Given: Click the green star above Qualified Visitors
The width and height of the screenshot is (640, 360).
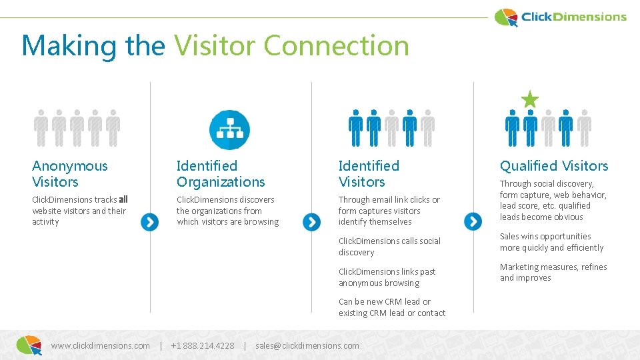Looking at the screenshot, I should click(530, 99).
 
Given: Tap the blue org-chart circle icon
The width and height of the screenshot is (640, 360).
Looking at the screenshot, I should click(229, 129).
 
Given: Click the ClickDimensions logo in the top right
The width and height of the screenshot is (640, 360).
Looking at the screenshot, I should click(561, 17).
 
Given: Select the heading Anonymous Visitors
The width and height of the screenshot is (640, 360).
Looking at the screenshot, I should click(69, 173).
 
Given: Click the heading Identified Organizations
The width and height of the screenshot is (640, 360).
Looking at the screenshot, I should click(221, 173).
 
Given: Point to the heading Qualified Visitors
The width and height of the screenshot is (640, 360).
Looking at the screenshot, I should click(554, 166).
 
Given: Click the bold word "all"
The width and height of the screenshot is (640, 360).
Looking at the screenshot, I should click(123, 199).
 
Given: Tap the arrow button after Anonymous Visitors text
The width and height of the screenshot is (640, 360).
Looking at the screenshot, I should click(150, 222).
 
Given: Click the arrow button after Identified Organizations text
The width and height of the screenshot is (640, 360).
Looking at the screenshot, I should click(311, 222).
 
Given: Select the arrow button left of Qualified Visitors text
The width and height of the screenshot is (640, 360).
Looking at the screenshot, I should click(473, 221).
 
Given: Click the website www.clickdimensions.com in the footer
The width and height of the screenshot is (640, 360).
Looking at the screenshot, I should click(100, 345).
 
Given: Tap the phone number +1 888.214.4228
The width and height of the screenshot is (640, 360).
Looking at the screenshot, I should click(203, 345).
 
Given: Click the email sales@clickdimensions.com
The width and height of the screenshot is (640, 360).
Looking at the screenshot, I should click(307, 345).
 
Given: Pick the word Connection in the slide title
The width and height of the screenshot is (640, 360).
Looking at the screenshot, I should click(336, 45).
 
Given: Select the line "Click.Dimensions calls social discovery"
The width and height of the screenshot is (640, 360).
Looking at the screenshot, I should click(389, 247).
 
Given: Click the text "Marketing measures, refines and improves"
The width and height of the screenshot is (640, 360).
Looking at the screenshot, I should click(553, 272).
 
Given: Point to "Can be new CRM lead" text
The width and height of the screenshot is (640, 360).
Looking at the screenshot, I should click(385, 301).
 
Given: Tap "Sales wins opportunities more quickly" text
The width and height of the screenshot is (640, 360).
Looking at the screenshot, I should click(551, 242).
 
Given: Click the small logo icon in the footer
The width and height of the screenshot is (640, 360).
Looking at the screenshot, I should click(29, 345).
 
